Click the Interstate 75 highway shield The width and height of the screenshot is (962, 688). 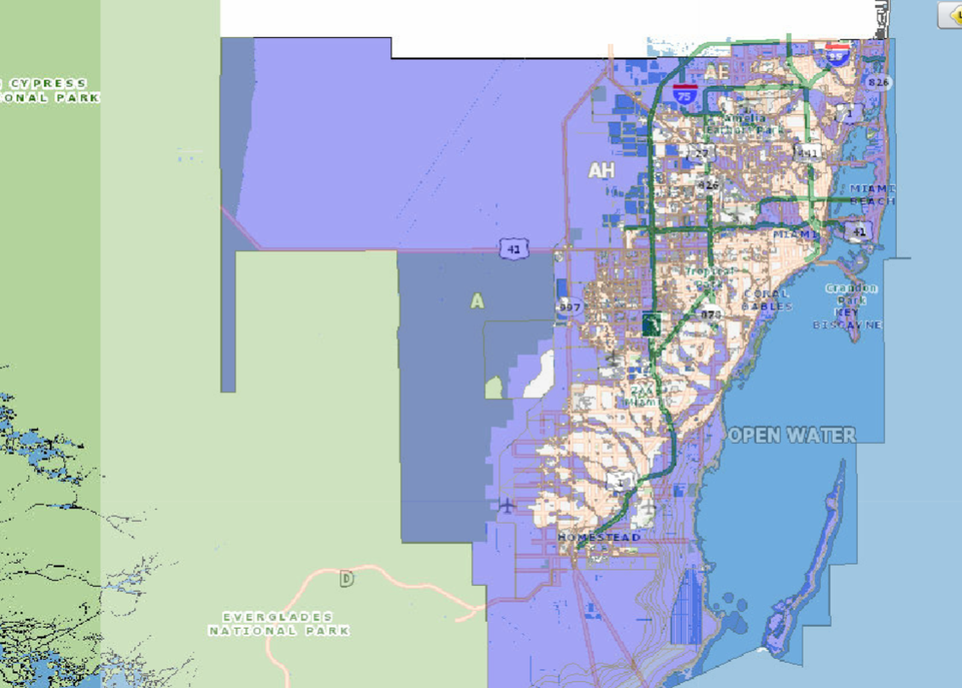685,93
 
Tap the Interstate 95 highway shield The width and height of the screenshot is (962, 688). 837,54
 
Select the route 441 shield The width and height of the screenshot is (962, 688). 808,152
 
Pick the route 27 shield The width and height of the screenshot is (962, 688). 700,153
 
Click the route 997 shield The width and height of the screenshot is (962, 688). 570,307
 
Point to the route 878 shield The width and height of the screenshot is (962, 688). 711,314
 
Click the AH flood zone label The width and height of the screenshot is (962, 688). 601,171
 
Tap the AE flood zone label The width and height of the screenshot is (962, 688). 716,72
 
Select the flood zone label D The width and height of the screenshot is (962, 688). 346,579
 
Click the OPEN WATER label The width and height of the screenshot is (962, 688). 792,435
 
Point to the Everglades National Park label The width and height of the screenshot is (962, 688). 278,624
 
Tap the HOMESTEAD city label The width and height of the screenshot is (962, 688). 599,537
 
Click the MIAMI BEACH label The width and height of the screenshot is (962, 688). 872,194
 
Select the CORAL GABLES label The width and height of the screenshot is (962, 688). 767,300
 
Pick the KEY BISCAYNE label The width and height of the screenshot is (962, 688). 847,317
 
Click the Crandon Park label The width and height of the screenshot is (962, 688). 851,294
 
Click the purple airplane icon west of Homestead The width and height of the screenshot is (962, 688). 506,505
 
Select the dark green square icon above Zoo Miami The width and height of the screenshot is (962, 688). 651,323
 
